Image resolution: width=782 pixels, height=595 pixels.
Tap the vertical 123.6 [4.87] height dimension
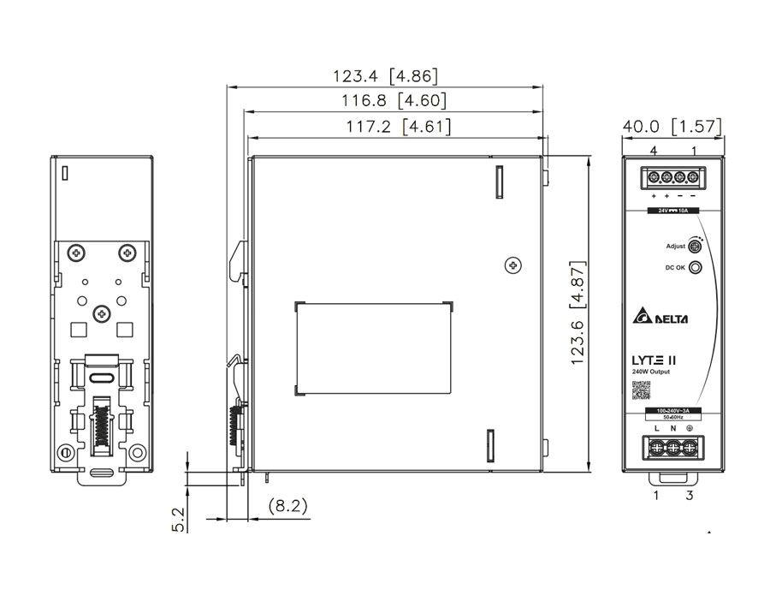click(x=580, y=313)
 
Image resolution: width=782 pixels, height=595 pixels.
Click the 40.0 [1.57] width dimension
click(x=672, y=127)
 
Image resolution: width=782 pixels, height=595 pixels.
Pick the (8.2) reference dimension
click(x=287, y=506)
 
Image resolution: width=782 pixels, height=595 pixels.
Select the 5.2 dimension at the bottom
click(x=178, y=518)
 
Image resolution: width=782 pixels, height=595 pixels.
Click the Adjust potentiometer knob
click(x=696, y=247)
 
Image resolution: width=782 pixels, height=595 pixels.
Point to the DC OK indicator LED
click(x=696, y=268)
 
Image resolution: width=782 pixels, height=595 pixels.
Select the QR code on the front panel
click(x=641, y=390)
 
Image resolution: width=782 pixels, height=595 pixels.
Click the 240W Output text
click(x=651, y=371)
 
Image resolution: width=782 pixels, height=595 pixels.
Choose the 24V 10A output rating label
click(x=672, y=210)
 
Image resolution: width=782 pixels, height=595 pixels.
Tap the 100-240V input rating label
click(x=672, y=413)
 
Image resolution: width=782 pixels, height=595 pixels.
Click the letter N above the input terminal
click(x=672, y=427)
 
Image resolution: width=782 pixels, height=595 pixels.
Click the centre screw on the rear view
click(x=102, y=314)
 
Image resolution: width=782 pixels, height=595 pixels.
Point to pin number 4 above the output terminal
click(x=653, y=151)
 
